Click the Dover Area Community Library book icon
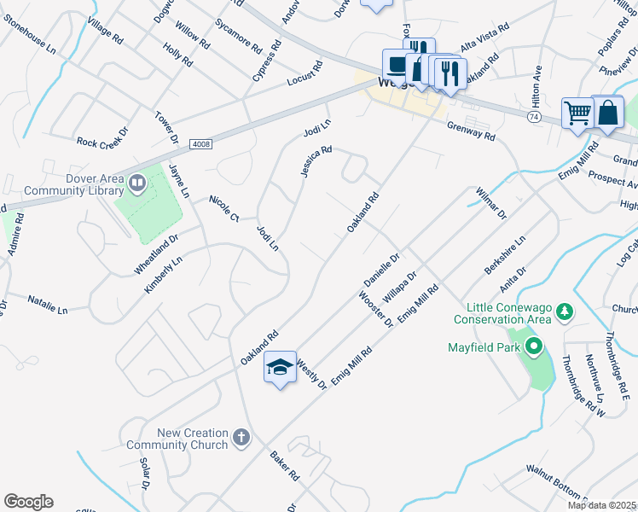tap(136, 183)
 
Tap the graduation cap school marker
tap(280, 367)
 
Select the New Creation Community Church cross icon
tap(241, 439)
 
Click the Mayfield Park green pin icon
tap(534, 347)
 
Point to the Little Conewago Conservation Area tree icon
tap(563, 313)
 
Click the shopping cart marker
tap(577, 113)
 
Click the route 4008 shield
tap(200, 144)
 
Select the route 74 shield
tap(532, 115)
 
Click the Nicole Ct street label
tap(223, 208)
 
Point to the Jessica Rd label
tap(315, 161)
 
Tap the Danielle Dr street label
tap(381, 270)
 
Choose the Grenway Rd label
tap(471, 131)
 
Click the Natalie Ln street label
tap(47, 305)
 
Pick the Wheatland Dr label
tap(155, 254)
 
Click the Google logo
tap(28, 502)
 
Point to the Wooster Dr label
tap(375, 309)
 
